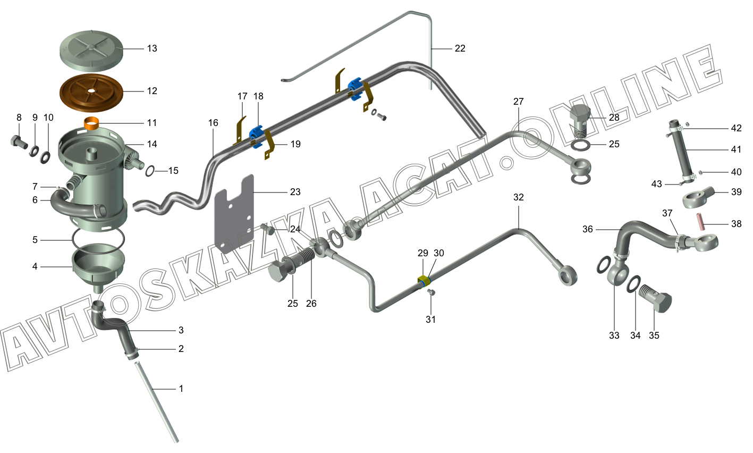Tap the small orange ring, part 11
click(x=92, y=124)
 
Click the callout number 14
click(x=152, y=144)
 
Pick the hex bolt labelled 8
click(x=18, y=142)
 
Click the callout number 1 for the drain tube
click(x=181, y=389)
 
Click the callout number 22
click(x=460, y=48)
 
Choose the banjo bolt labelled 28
click(x=581, y=120)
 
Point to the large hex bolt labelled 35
click(x=657, y=303)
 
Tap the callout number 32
click(x=519, y=197)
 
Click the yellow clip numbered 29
click(x=424, y=281)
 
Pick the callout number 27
click(x=519, y=102)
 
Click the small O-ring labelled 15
click(x=149, y=171)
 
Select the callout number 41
click(x=736, y=149)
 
